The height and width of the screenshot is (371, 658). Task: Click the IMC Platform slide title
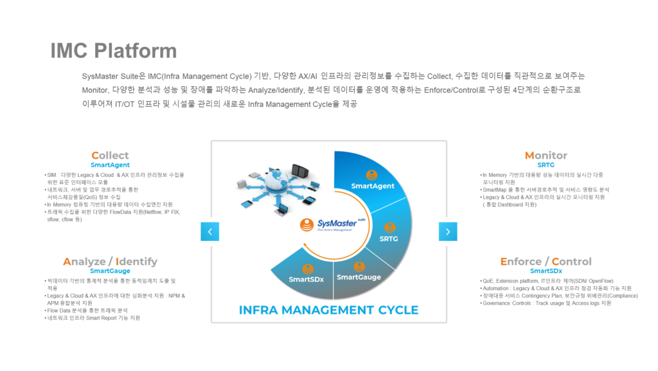click(114, 51)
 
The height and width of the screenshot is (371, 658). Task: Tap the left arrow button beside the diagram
click(209, 231)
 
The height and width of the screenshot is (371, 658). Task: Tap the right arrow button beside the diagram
click(448, 231)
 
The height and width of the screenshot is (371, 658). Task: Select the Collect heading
click(110, 155)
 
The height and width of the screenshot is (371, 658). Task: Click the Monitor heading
click(546, 155)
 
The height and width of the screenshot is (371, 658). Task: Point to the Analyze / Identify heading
click(110, 261)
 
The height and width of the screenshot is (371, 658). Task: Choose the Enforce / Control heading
click(546, 261)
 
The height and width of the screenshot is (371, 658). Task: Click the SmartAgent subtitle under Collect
click(110, 165)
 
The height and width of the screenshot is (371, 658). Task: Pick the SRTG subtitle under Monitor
click(546, 165)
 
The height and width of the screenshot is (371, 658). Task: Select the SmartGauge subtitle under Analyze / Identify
click(110, 271)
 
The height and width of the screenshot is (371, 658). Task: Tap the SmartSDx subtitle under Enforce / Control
click(546, 271)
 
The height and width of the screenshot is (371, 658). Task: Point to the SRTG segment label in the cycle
click(389, 239)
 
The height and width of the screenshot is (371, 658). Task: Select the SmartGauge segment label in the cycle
click(359, 277)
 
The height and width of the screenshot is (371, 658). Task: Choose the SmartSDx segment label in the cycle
click(307, 280)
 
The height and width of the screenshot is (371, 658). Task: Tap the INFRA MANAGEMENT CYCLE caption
click(328, 310)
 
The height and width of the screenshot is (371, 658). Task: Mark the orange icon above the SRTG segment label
click(389, 227)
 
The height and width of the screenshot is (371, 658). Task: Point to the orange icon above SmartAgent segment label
click(371, 174)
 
